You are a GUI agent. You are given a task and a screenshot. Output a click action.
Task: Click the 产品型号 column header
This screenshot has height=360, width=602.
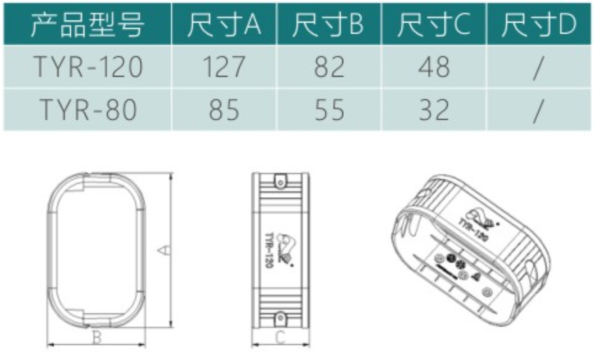(x=87, y=25)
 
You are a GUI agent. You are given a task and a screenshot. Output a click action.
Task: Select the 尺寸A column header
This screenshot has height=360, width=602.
(x=224, y=25)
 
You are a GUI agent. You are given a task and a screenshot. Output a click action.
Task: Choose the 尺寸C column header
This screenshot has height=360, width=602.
(x=434, y=25)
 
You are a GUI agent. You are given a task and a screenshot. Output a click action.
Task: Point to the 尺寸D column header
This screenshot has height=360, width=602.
(x=538, y=25)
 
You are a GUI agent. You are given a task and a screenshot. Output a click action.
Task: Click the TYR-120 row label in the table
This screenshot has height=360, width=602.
(x=88, y=67)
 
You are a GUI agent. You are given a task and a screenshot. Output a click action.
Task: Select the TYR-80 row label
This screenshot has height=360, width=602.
(x=88, y=110)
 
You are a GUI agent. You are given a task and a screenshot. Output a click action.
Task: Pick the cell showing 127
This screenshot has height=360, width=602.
(x=223, y=67)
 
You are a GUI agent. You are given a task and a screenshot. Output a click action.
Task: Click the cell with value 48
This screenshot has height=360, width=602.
(x=434, y=67)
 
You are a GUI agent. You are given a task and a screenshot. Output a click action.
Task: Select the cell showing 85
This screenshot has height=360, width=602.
(x=223, y=110)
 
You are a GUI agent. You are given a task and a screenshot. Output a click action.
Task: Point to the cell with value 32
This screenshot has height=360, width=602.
(x=434, y=110)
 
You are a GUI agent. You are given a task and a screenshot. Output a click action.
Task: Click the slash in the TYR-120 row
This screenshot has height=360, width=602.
(x=538, y=67)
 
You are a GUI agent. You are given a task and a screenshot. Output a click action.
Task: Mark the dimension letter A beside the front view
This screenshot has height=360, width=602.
(x=163, y=250)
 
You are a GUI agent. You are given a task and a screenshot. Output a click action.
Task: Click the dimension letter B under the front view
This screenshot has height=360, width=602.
(x=97, y=337)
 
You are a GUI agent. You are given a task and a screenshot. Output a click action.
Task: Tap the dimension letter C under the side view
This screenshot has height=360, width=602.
(x=279, y=337)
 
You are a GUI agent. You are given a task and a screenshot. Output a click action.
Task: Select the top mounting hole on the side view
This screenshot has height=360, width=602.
(x=279, y=181)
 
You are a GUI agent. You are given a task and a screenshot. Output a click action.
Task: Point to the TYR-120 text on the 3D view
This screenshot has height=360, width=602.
(x=473, y=227)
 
